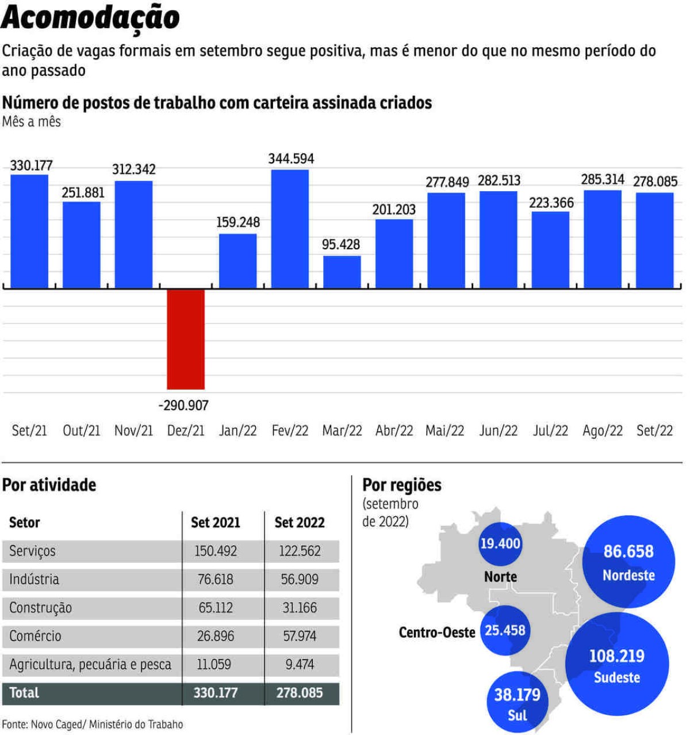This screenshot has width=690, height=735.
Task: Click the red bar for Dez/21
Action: click(186, 339)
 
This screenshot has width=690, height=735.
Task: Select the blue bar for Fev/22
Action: click(290, 229)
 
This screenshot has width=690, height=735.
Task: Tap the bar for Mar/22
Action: click(342, 272)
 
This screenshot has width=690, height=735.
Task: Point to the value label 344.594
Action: click(291, 159)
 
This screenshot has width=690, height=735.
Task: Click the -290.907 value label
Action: click(183, 406)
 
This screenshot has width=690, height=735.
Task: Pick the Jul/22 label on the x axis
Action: click(550, 431)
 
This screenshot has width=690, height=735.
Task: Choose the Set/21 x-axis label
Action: click(29, 431)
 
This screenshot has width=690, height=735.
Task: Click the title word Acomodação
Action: click(91, 18)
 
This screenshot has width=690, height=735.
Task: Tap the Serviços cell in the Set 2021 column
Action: click(216, 551)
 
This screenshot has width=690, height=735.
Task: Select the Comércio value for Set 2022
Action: click(300, 636)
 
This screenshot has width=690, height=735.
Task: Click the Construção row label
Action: click(41, 608)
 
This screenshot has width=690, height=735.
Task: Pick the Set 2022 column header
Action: click(300, 523)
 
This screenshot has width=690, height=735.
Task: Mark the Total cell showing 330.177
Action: click(216, 692)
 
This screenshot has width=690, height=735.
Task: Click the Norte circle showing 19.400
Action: click(500, 544)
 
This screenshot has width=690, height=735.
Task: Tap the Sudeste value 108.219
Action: click(617, 656)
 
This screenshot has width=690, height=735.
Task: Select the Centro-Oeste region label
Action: click(436, 633)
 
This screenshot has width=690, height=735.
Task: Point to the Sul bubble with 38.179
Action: click(517, 702)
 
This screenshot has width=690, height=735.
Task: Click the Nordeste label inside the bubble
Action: click(628, 575)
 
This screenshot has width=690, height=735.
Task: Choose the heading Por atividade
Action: click(49, 485)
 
